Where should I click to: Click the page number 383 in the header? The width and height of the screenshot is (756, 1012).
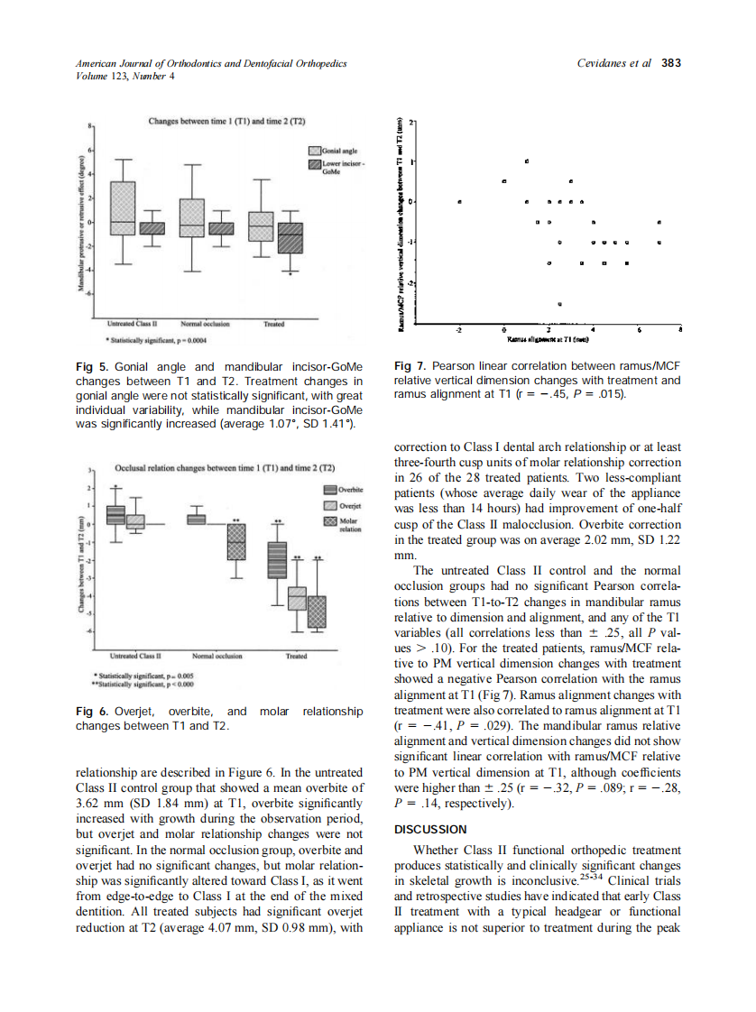pyautogui.click(x=670, y=63)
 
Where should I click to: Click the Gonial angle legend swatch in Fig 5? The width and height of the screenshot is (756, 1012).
pyautogui.click(x=315, y=152)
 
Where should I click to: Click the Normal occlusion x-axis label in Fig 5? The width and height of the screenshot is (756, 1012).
pyautogui.click(x=205, y=322)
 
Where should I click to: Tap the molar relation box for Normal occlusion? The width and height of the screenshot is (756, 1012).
pyautogui.click(x=235, y=542)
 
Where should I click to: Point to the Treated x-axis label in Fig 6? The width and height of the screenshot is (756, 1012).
pyautogui.click(x=296, y=656)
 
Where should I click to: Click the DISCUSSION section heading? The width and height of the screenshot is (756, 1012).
pyautogui.click(x=430, y=829)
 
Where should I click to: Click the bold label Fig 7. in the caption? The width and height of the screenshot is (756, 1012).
pyautogui.click(x=409, y=367)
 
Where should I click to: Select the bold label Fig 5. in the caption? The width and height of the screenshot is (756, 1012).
pyautogui.click(x=89, y=367)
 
